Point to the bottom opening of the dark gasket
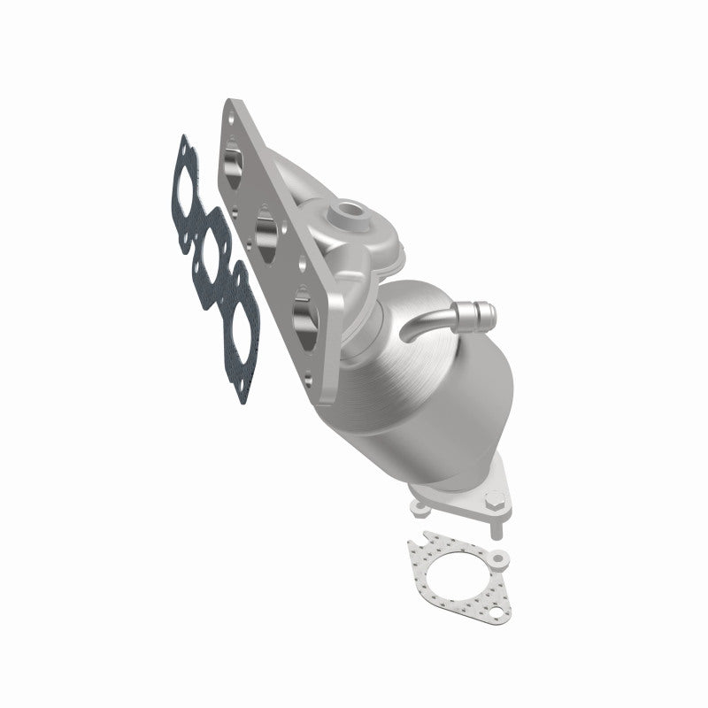pos(241,319)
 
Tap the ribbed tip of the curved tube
pos(480,312)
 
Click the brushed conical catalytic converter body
pos(416,398)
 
